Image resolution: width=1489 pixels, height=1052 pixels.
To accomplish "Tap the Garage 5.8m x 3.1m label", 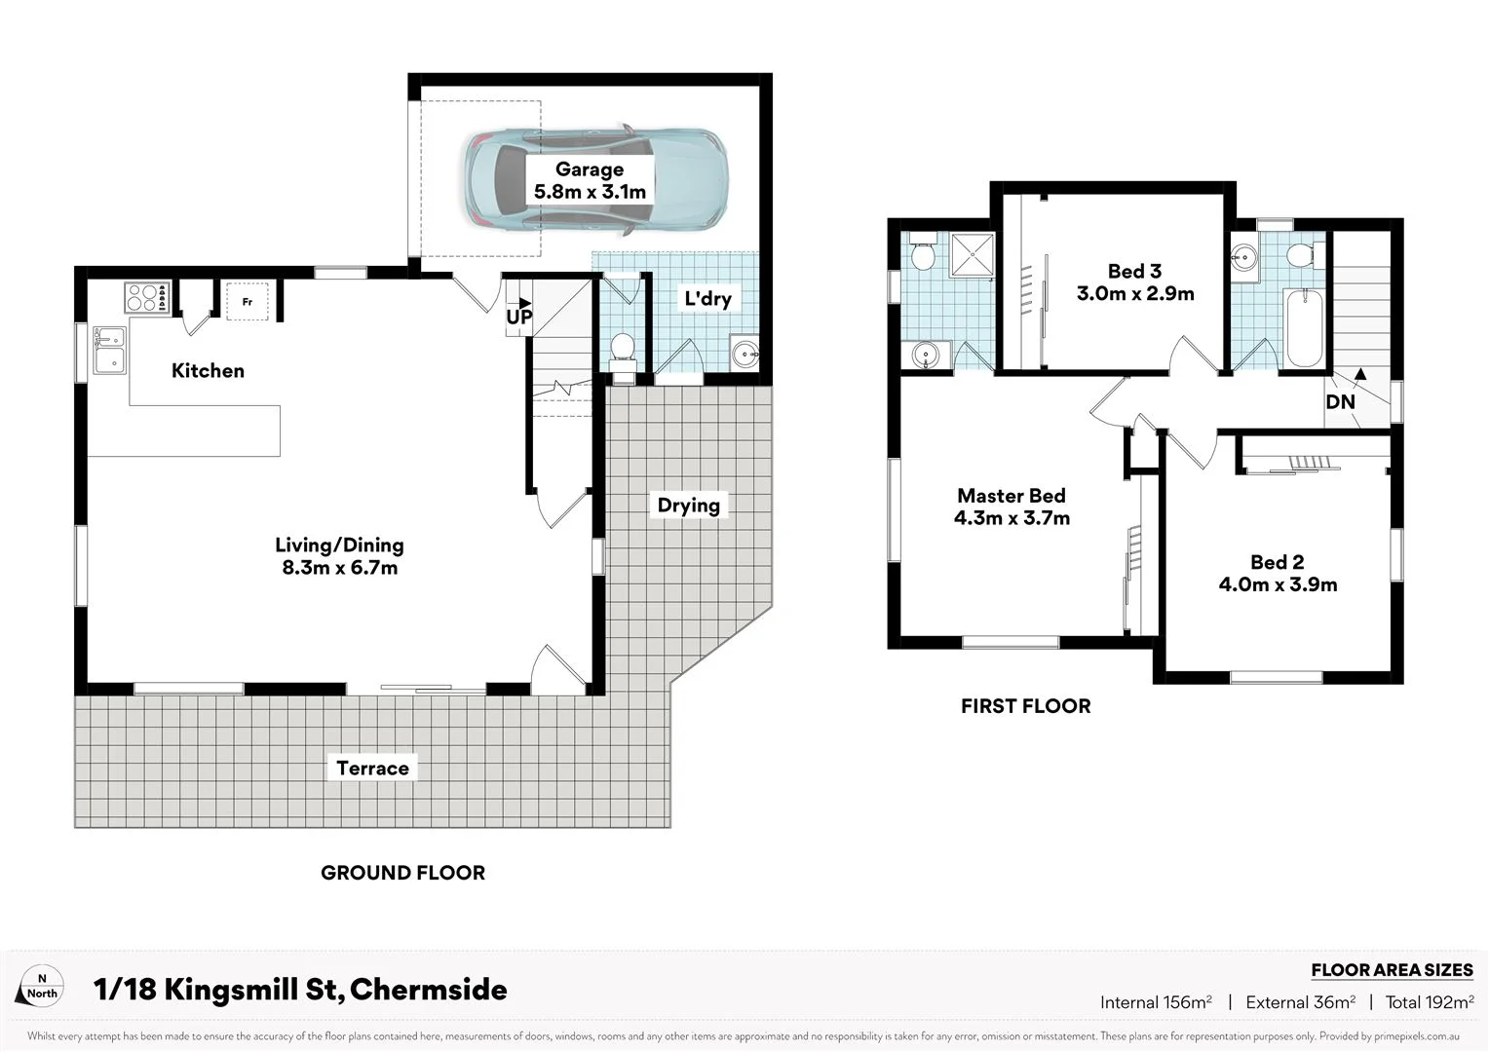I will [590, 181].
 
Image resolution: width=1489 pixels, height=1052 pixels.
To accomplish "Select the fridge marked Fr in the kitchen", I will [248, 301].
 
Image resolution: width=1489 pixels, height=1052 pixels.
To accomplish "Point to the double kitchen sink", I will [109, 350].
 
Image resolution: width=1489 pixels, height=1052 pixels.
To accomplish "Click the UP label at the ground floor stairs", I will [518, 317].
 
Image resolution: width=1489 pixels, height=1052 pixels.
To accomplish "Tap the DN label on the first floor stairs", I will [1340, 401].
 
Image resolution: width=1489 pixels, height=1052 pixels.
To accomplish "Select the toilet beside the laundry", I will [622, 350].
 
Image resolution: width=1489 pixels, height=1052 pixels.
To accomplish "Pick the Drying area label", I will [688, 505].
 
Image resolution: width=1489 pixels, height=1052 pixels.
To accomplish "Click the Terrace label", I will [372, 768].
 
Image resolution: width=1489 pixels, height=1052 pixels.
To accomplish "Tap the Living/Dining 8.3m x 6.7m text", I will [339, 556].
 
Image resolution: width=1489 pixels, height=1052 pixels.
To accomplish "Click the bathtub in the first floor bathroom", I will [1303, 328].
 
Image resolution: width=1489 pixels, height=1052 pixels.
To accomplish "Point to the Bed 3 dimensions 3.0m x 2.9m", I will [1135, 293].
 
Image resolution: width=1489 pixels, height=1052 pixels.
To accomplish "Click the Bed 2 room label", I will [1277, 562].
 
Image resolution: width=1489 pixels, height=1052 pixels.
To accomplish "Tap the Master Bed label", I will [1012, 496].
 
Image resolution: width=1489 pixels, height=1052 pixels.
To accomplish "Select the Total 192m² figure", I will [1429, 1002].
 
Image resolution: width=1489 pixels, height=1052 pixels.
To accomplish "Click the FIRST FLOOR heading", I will [1025, 706].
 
